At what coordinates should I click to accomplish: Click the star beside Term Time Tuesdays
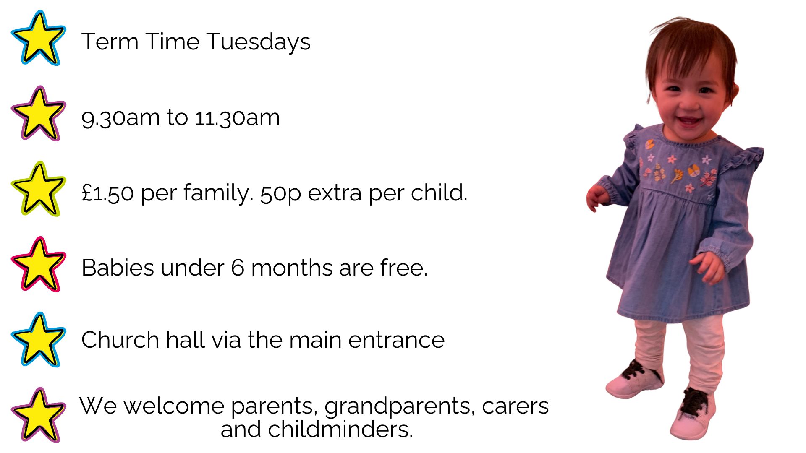(x=38, y=39)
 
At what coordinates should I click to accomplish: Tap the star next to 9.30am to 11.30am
(x=38, y=114)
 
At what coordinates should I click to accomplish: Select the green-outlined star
(x=38, y=190)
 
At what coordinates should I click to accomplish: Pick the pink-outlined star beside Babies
(x=38, y=265)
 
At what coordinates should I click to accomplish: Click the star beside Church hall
(x=38, y=340)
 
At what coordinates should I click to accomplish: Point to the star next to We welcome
(x=38, y=415)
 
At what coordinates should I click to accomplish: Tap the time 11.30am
(x=237, y=117)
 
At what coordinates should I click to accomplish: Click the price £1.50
(x=107, y=193)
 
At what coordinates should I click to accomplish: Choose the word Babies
(x=118, y=268)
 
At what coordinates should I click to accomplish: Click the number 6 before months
(x=237, y=268)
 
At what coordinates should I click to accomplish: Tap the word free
(x=403, y=267)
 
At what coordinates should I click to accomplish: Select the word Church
(x=120, y=339)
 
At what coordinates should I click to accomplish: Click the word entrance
(x=396, y=340)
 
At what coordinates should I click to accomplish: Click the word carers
(x=515, y=406)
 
